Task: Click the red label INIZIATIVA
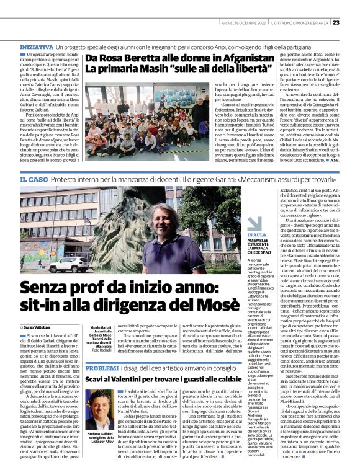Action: click(x=37, y=47)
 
